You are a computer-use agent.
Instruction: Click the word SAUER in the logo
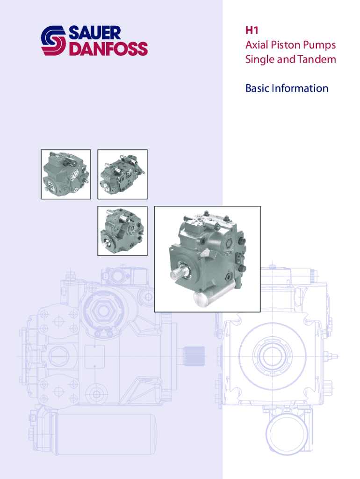pyautogui.click(x=94, y=33)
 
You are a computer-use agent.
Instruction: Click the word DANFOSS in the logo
pyautogui.click(x=109, y=49)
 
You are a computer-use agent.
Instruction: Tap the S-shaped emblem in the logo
pyautogui.click(x=53, y=41)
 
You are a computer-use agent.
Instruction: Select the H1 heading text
pyautogui.click(x=252, y=30)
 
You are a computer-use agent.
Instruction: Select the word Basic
pyautogui.click(x=258, y=88)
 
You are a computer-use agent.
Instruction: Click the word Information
pyautogui.click(x=300, y=88)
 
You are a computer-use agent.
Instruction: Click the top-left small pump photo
pyautogui.click(x=66, y=174)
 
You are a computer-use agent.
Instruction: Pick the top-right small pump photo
pyautogui.click(x=122, y=174)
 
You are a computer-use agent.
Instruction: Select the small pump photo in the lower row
pyautogui.click(x=122, y=231)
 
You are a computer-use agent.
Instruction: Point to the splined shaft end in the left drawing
pyautogui.click(x=194, y=356)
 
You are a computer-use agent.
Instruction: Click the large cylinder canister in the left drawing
pyautogui.click(x=105, y=434)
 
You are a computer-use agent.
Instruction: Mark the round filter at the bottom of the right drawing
pyautogui.click(x=287, y=434)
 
